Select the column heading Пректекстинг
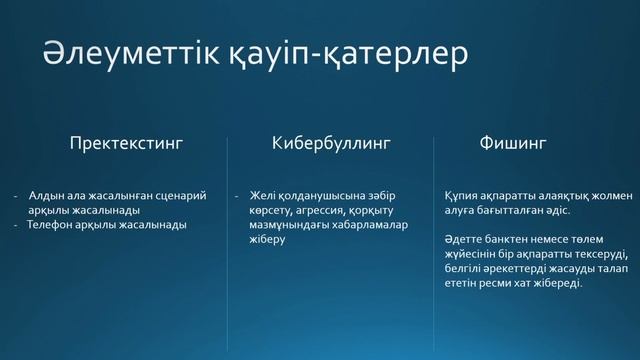[x=126, y=143]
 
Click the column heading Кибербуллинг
[x=330, y=143]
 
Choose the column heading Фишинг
[x=514, y=143]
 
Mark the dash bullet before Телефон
[x=17, y=225]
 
